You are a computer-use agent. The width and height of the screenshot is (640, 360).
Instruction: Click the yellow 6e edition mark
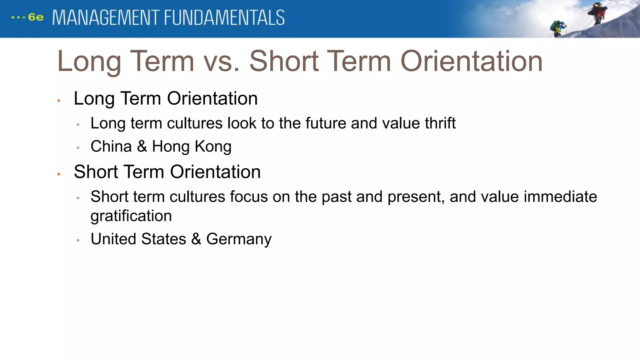tap(36, 17)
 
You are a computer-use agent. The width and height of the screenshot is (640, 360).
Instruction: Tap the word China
tap(111, 146)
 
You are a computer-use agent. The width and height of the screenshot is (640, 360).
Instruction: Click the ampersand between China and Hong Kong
tap(142, 146)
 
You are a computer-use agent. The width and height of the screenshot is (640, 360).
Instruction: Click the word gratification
tap(131, 216)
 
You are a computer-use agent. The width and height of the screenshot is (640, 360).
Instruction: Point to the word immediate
tap(560, 197)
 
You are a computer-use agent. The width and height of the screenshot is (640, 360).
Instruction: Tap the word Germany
tap(239, 239)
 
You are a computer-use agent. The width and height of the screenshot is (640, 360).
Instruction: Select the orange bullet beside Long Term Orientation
tap(59, 101)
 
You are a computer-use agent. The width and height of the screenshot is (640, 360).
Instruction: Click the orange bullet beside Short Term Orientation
tap(59, 174)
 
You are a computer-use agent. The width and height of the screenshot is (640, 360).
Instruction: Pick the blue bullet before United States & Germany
tap(78, 240)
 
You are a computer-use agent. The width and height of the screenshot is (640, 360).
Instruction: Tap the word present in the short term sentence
tap(416, 197)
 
